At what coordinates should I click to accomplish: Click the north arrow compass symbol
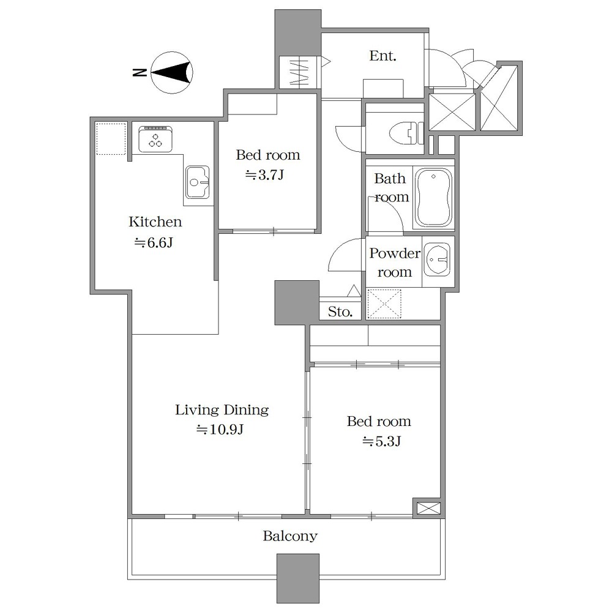pyautogui.click(x=172, y=73)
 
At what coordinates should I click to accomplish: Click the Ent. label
pyautogui.click(x=382, y=56)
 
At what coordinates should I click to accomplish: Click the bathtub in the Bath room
pyautogui.click(x=433, y=198)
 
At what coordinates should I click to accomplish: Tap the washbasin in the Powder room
pyautogui.click(x=437, y=259)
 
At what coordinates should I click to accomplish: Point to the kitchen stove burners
pyautogui.click(x=155, y=140)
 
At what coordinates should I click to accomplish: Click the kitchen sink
pyautogui.click(x=198, y=182)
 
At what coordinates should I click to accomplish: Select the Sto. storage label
pyautogui.click(x=340, y=312)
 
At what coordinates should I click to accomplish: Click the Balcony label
pyautogui.click(x=290, y=536)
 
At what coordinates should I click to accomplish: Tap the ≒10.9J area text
pyautogui.click(x=220, y=430)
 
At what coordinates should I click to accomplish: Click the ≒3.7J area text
pyautogui.click(x=264, y=175)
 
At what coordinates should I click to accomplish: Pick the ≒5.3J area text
pyautogui.click(x=381, y=441)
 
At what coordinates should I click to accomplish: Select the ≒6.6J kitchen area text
pyautogui.click(x=154, y=243)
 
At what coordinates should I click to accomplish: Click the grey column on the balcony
pyautogui.click(x=298, y=578)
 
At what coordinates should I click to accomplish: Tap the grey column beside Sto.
pyautogui.click(x=297, y=302)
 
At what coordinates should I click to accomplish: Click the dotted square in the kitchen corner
pyautogui.click(x=111, y=140)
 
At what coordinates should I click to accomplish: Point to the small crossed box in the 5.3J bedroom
pyautogui.click(x=428, y=508)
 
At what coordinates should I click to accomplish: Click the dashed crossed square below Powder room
pyautogui.click(x=384, y=304)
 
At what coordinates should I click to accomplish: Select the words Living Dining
pyautogui.click(x=222, y=410)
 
